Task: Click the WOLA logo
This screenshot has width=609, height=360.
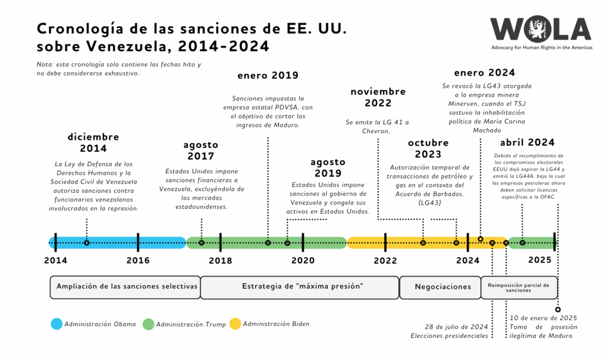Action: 540,30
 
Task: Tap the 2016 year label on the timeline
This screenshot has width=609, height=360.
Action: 138,260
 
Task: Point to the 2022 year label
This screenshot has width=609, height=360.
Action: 385,260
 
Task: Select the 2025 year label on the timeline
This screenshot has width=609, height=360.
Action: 539,260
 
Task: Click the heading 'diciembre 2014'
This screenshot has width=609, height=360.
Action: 93,143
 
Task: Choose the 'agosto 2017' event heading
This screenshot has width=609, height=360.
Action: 200,151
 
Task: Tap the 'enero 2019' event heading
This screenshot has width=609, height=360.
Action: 268,76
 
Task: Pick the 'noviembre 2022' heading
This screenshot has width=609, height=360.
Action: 378,97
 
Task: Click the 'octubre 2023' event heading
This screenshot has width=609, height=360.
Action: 428,149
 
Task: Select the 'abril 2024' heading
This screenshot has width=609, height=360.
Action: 527,142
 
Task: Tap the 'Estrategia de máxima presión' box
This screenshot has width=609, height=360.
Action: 299,287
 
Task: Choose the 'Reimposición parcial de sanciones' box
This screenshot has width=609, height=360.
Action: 519,287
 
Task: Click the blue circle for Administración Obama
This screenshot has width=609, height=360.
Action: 56,324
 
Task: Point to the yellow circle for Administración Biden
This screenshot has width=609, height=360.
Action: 236,324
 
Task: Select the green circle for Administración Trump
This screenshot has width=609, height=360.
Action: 149,324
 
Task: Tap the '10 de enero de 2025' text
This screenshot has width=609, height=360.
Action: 543,318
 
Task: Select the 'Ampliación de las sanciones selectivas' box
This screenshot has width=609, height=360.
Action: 125,287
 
